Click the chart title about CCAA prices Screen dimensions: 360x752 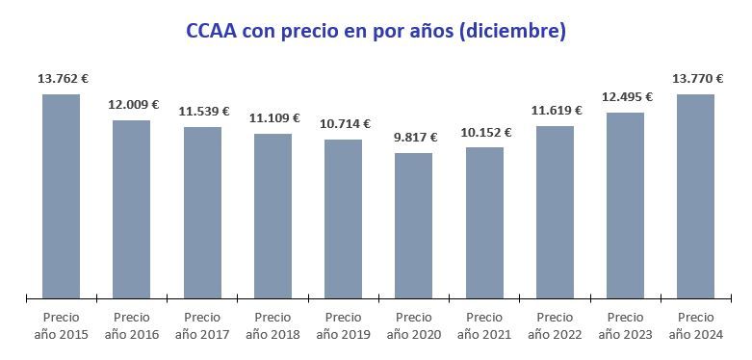376,31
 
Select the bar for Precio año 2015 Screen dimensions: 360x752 61,196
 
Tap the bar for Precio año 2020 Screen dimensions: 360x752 413,225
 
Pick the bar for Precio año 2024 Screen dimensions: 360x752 695,196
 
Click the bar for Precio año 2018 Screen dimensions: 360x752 272,216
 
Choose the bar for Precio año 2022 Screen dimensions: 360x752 555,212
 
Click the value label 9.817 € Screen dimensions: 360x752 413,138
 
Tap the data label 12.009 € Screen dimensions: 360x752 132,105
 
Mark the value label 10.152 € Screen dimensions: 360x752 484,132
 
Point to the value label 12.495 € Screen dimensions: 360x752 626,96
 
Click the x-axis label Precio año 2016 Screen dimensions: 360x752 132,325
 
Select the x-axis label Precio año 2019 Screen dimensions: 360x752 343,325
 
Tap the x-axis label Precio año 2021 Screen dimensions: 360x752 484,325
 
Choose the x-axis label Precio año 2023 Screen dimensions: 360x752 625,325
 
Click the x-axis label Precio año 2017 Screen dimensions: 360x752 202,325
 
